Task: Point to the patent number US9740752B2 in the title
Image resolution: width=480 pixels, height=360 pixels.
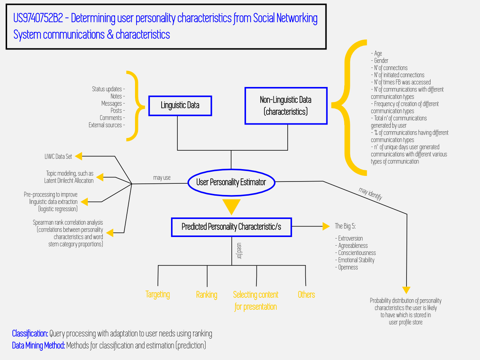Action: (x=38, y=18)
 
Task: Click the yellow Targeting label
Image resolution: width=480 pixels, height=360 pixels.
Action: (x=157, y=294)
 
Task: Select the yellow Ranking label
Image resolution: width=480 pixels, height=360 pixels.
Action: (x=206, y=295)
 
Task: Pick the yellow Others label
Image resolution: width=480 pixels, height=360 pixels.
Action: (x=306, y=295)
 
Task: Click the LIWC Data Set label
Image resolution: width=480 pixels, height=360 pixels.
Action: (x=58, y=156)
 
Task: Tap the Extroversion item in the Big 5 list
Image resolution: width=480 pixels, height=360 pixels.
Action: (x=349, y=238)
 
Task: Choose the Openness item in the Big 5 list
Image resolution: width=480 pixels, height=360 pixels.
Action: (x=346, y=267)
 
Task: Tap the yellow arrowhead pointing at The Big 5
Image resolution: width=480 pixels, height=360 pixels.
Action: (x=326, y=226)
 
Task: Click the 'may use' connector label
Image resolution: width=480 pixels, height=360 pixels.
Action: (x=162, y=178)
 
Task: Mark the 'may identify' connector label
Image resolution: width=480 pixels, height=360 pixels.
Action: (x=370, y=193)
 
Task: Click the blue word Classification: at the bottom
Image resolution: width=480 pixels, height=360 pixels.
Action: (x=30, y=333)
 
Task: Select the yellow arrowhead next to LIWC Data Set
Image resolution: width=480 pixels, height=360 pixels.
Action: (x=78, y=156)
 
